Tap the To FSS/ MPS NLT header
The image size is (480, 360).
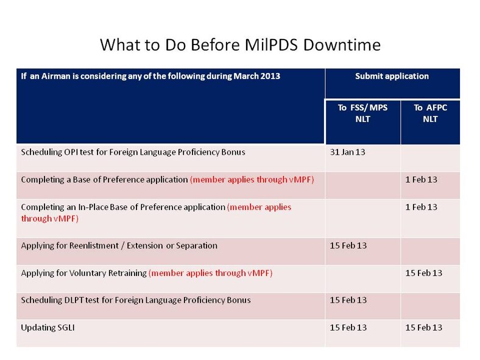coord(362,113)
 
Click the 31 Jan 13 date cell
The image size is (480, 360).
coord(347,152)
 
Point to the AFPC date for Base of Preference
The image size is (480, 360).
coord(421,180)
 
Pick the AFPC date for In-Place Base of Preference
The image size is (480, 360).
coord(421,207)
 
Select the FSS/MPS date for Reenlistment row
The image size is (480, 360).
coord(348,245)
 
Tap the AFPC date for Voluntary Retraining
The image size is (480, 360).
coord(423,273)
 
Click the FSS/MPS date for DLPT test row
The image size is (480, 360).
coord(348,300)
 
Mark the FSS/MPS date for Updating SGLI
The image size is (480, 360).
coord(348,328)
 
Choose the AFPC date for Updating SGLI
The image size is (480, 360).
coord(423,328)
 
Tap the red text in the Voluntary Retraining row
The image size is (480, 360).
coord(210,273)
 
